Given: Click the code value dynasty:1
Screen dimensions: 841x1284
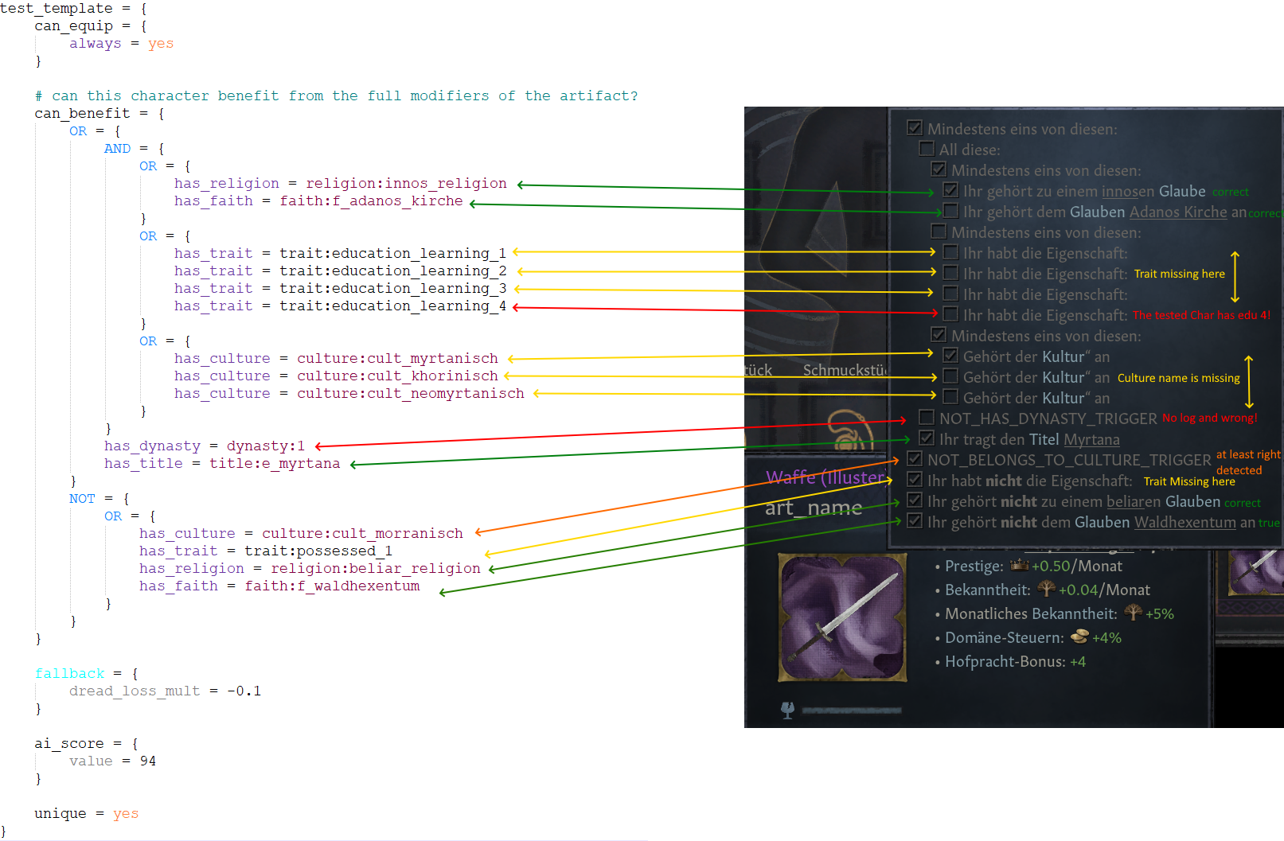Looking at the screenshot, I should pos(265,446).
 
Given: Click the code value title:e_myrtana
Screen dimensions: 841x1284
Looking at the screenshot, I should pos(275,464).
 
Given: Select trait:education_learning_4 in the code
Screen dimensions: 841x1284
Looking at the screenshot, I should pos(392,306).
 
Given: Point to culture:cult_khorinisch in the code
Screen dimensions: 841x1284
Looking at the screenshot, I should pos(397,376).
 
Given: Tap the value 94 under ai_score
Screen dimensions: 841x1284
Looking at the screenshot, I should pos(148,761).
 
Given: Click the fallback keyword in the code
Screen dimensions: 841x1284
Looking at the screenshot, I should pos(69,674).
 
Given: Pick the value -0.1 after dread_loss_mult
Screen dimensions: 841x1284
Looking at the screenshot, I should pos(244,691).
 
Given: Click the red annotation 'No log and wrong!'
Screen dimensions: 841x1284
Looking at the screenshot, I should pos(1209,418).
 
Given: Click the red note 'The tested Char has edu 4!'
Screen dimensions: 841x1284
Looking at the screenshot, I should pos(1201,315).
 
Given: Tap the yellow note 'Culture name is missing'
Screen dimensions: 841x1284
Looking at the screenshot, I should pos(1178,378).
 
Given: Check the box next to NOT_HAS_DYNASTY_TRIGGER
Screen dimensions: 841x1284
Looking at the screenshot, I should pos(927,418).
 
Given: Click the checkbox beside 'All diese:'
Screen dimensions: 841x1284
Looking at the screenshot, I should pos(927,149).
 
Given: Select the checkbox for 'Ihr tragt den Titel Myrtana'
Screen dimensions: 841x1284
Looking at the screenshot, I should pos(927,438).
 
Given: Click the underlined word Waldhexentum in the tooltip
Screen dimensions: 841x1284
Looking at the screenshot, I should pos(1184,523).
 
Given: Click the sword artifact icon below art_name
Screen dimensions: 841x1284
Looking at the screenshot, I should pos(842,617).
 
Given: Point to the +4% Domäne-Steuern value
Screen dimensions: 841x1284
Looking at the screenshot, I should pos(1106,638).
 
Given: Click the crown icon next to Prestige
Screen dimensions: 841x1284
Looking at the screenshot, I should pos(1019,566).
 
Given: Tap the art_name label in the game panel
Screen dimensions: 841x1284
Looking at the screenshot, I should pos(814,508).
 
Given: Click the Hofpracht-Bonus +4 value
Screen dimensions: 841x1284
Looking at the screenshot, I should pos(1078,662).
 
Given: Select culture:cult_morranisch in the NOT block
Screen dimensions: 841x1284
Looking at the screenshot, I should pos(362,534).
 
